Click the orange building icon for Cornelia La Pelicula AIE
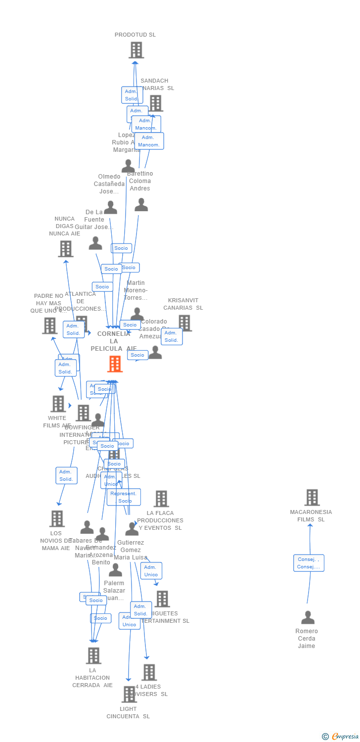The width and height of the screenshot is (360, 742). (115, 364)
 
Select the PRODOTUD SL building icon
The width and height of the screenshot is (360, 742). (136, 50)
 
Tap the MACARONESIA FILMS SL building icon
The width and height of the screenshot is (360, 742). (312, 498)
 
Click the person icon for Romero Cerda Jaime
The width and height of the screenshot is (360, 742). (308, 617)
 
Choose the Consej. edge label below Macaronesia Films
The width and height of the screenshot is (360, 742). (309, 563)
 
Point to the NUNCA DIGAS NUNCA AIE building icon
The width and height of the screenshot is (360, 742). (65, 249)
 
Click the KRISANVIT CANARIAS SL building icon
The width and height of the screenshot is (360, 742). (184, 323)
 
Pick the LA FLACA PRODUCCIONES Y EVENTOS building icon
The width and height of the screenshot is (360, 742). (161, 499)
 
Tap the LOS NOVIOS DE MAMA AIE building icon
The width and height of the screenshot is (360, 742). (57, 518)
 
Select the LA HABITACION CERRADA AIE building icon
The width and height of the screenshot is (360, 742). (93, 655)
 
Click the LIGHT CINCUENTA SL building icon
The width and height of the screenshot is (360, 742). (129, 694)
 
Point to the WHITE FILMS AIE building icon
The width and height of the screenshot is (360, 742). (58, 404)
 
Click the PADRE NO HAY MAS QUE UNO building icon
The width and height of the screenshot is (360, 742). (49, 325)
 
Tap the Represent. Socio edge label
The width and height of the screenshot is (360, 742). (124, 497)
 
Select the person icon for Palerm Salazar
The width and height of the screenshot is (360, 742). (115, 570)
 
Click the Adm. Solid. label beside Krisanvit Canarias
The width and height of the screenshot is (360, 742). (172, 336)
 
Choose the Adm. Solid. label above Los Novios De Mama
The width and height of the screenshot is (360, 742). (66, 475)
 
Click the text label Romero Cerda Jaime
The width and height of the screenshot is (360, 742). (307, 638)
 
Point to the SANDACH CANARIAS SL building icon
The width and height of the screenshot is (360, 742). (155, 103)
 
